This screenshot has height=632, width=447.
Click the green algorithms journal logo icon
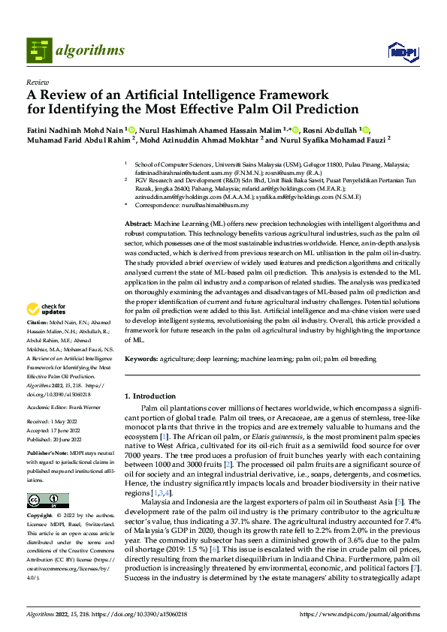[39, 50]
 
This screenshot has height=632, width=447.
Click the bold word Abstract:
[138, 224]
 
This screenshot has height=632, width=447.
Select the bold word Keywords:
[141, 359]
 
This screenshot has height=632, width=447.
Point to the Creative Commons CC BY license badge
[47, 500]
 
